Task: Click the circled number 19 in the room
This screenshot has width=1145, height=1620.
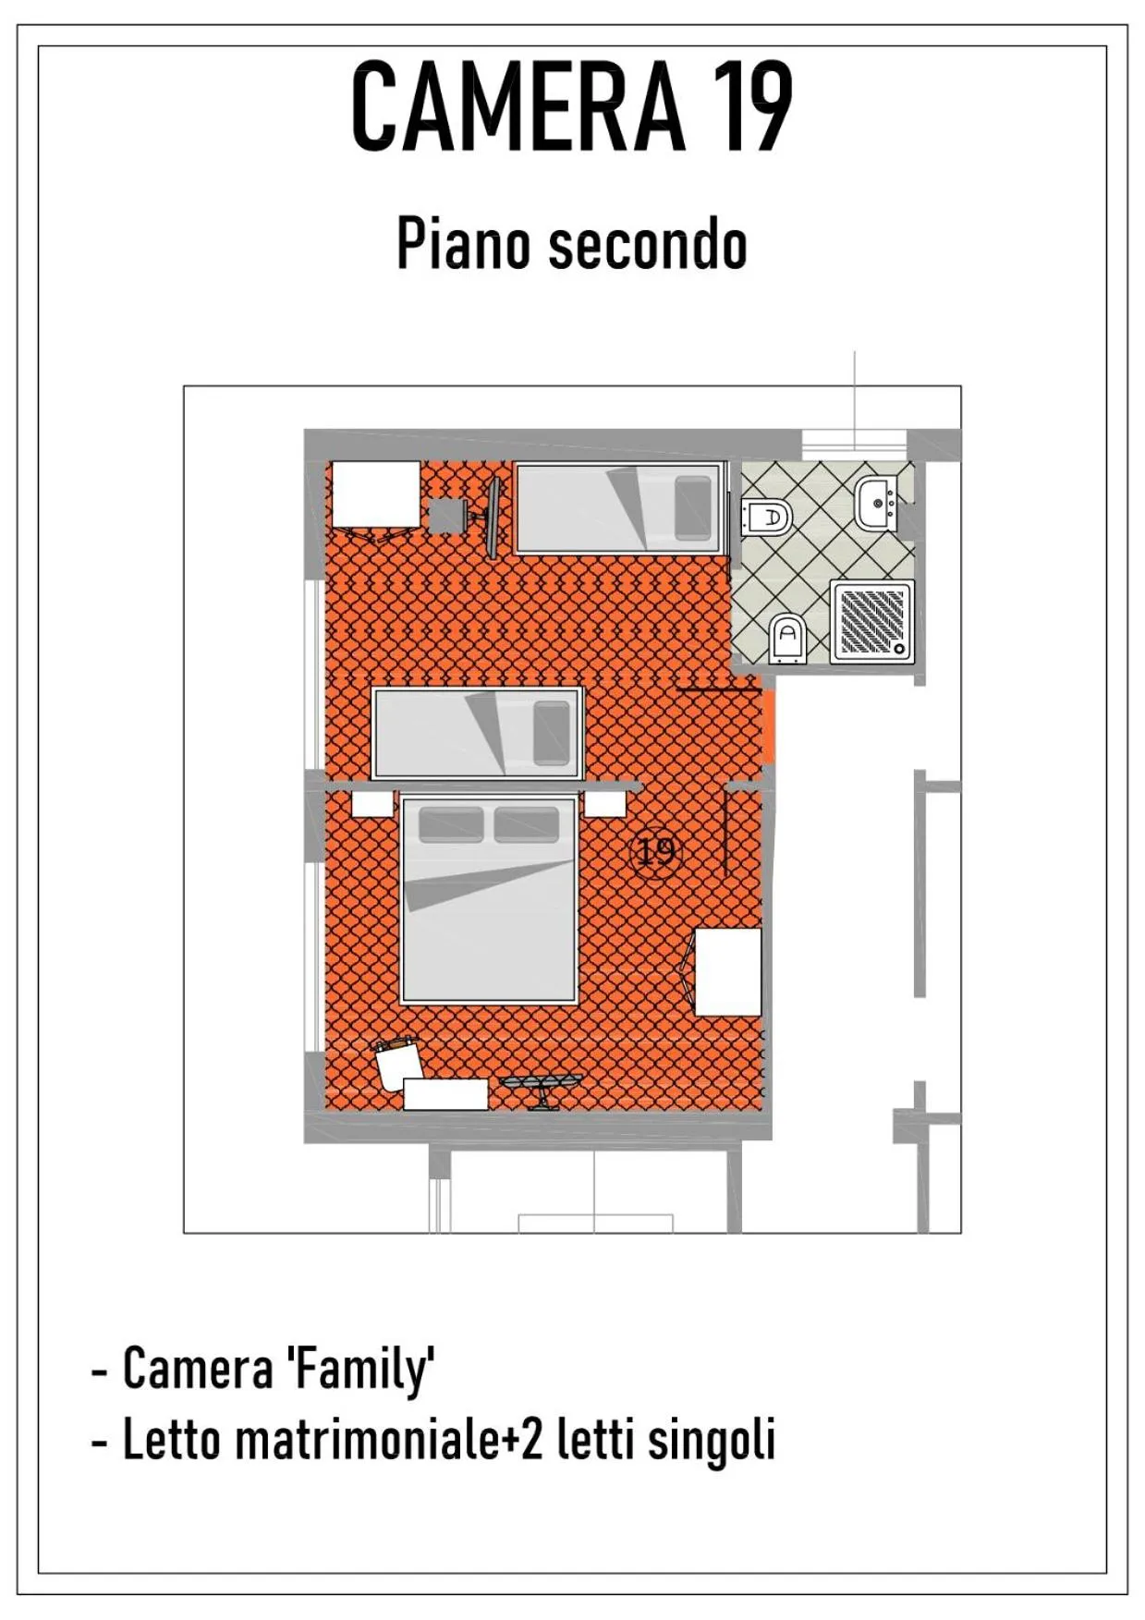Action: (655, 850)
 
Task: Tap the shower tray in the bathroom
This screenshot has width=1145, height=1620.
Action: (871, 621)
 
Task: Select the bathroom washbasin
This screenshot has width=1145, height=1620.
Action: (876, 504)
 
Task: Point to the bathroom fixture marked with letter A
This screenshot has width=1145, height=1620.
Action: (788, 637)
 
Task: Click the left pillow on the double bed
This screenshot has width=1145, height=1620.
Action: (451, 824)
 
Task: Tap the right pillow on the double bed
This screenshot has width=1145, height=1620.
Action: (526, 824)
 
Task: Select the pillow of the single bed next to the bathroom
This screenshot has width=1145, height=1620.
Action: (693, 507)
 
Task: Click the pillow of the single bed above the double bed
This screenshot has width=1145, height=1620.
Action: (552, 733)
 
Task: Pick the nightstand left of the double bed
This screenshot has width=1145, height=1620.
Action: (372, 803)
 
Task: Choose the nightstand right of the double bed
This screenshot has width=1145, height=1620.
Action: (605, 803)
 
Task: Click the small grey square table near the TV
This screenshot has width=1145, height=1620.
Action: (446, 516)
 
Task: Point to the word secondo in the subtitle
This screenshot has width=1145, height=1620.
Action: (647, 245)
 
